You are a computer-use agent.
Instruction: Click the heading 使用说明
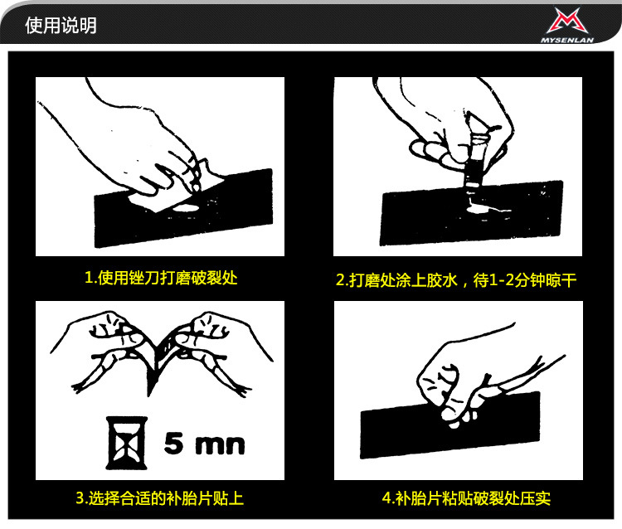[x=61, y=26]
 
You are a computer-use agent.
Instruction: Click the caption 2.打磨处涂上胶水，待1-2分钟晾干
[x=455, y=280]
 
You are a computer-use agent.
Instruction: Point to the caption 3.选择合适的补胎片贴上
[x=160, y=498]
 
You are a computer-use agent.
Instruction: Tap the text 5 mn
[x=204, y=443]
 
